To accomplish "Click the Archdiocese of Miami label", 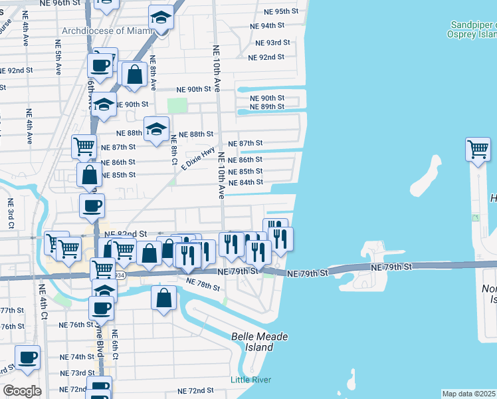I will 104,31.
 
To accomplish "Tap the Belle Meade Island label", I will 260,342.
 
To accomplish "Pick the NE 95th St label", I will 282,12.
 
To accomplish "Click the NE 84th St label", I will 246,182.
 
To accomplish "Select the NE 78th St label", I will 203,285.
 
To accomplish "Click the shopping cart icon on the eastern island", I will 478,150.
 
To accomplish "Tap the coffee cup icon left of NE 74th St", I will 28,358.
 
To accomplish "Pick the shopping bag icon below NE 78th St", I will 163,298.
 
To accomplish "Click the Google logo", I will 22,390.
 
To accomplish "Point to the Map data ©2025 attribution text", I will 468,394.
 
